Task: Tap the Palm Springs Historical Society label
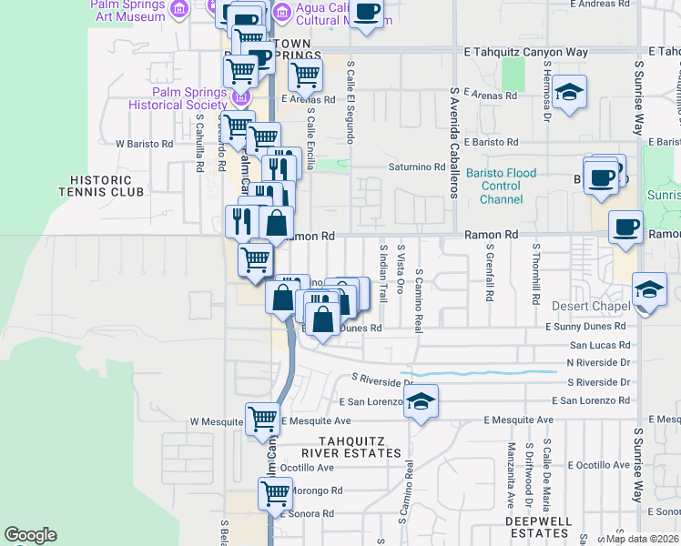click(177, 98)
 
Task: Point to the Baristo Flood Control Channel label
click(502, 186)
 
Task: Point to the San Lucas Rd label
click(599, 346)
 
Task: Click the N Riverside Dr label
click(598, 362)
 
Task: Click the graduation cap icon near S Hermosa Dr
click(570, 92)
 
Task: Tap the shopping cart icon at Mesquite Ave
click(262, 420)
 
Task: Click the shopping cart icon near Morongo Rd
click(274, 493)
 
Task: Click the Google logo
click(31, 535)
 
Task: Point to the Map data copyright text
click(641, 538)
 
